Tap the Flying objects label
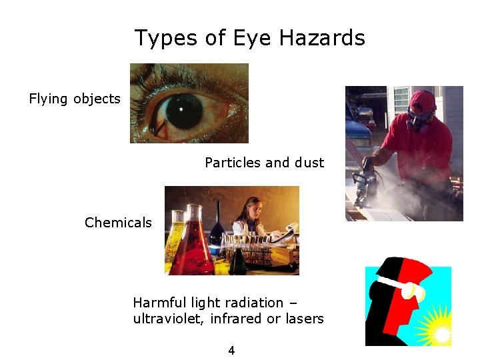pos(75,99)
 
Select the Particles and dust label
pos(264,163)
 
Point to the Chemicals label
pos(118,223)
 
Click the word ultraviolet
pos(169,319)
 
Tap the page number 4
pos(231,351)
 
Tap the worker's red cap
pos(423,101)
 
